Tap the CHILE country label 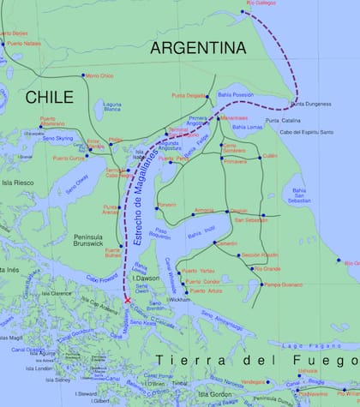50,98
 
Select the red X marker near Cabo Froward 128,301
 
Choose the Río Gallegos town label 261,3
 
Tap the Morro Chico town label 99,76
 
